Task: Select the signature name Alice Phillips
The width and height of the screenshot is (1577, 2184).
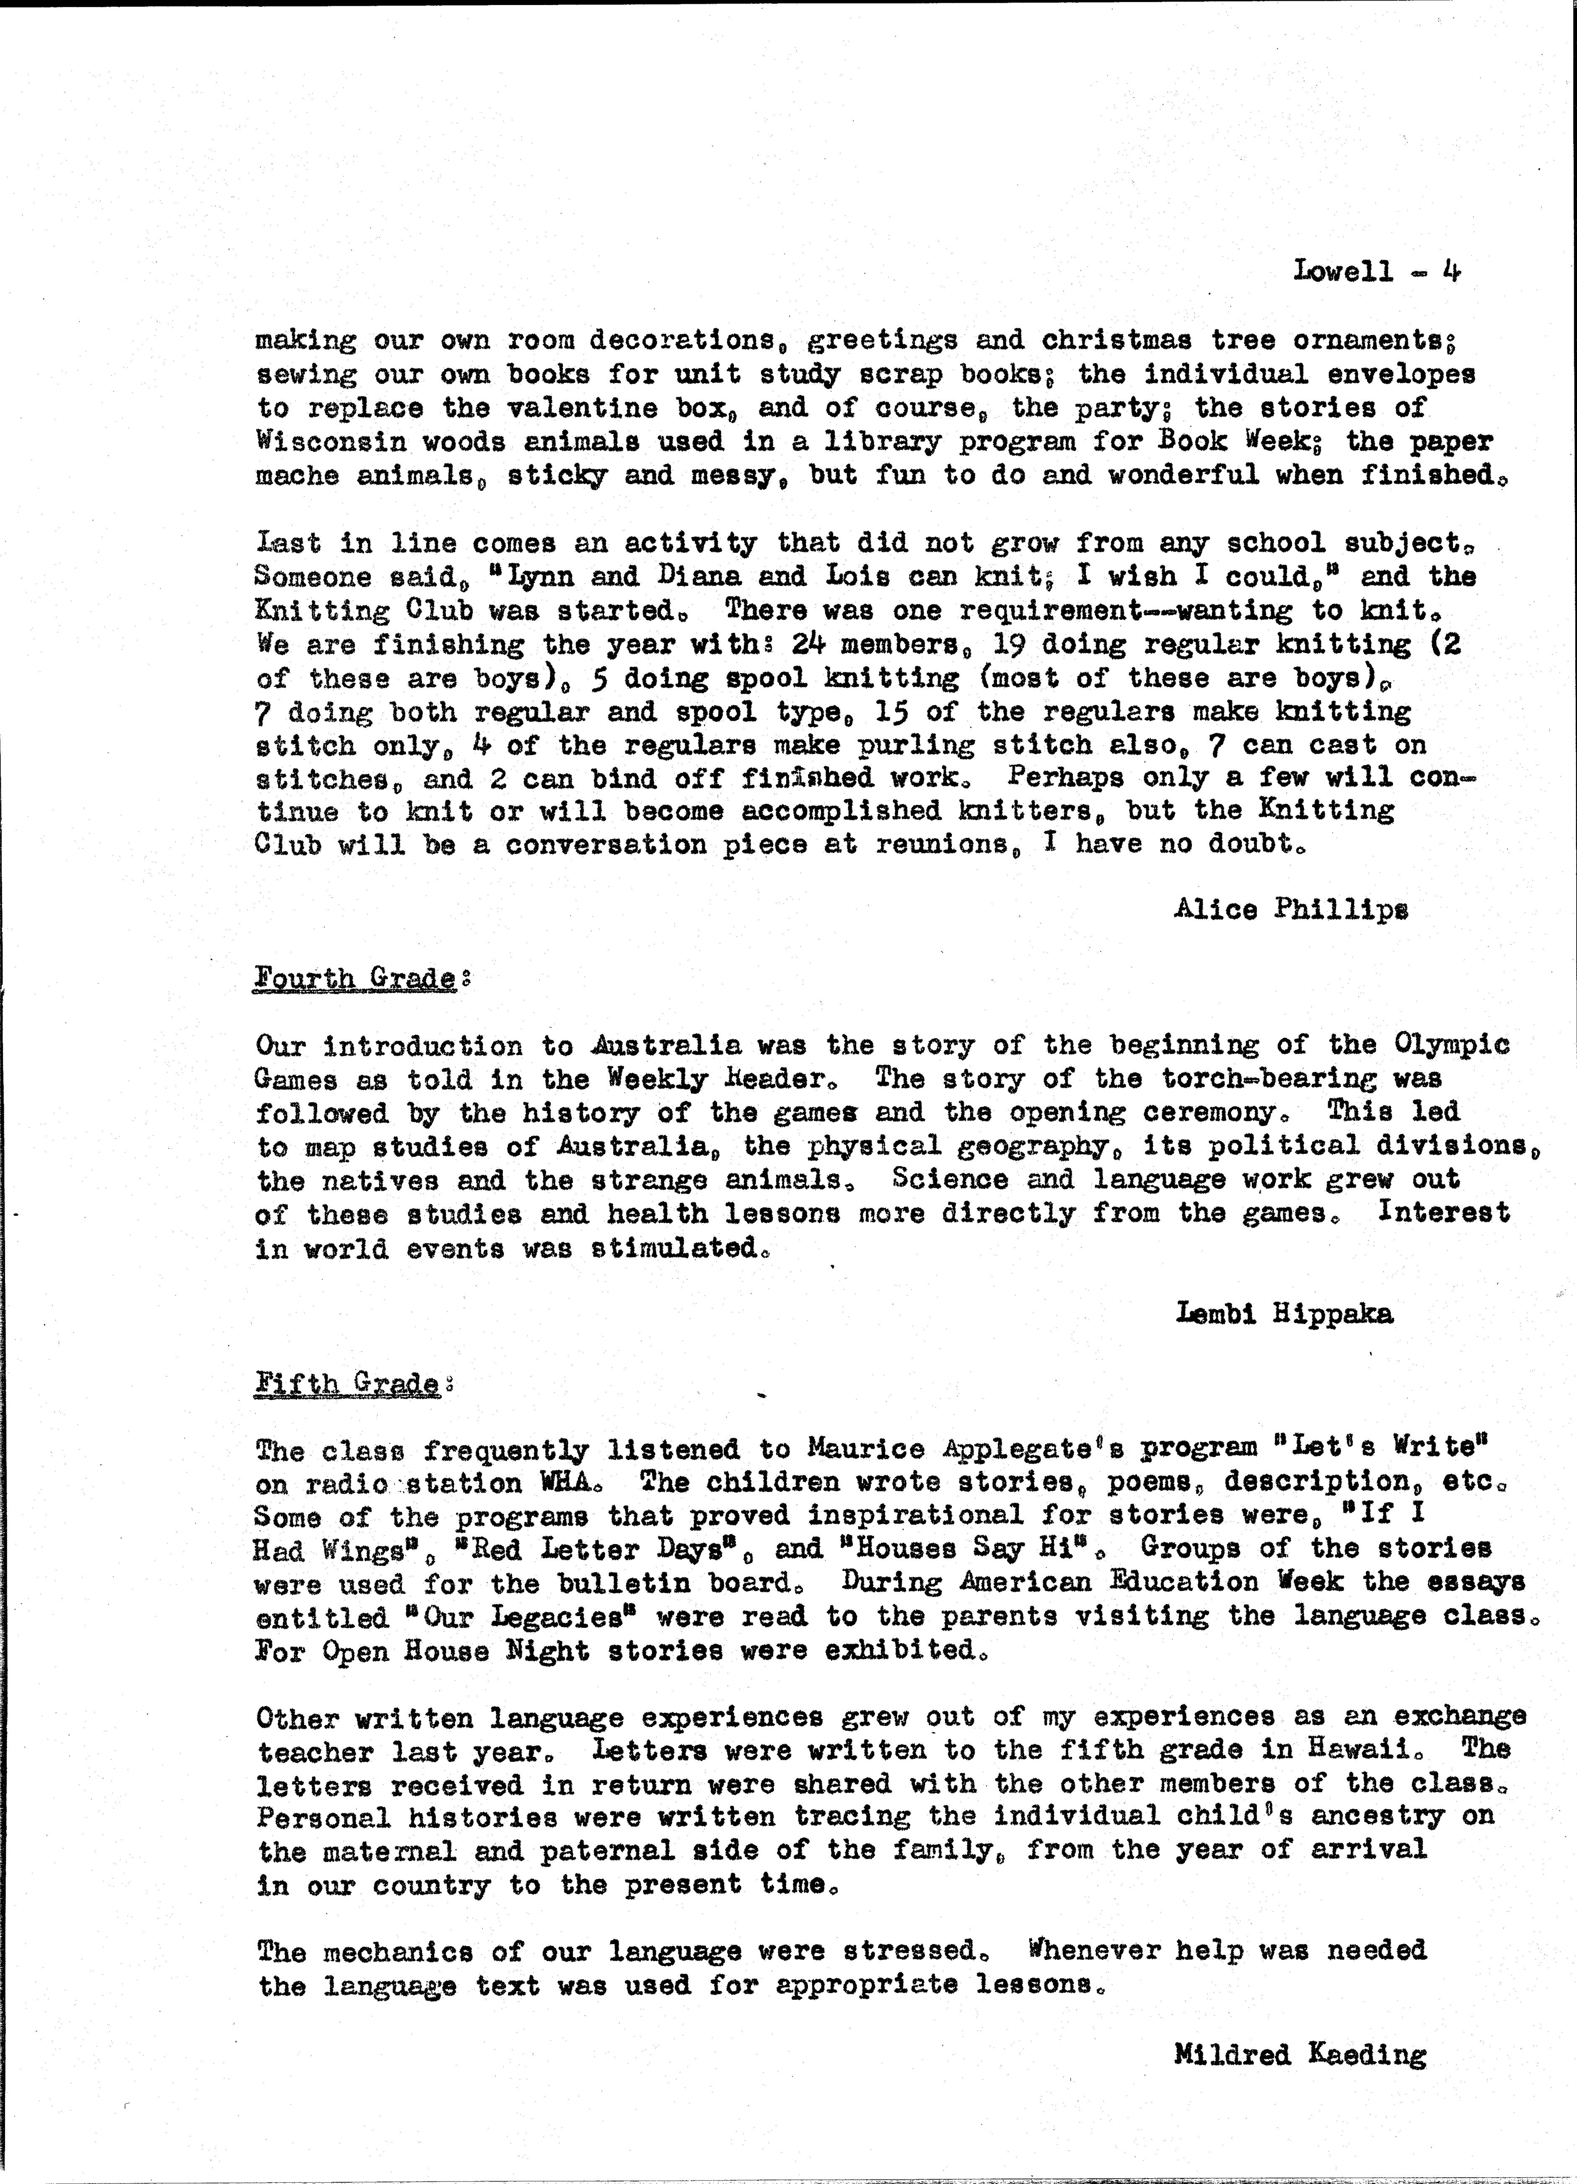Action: tap(1291, 909)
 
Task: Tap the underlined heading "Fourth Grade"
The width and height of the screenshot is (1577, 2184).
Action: tap(355, 978)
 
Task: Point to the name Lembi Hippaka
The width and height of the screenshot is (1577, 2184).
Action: tap(1284, 1312)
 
